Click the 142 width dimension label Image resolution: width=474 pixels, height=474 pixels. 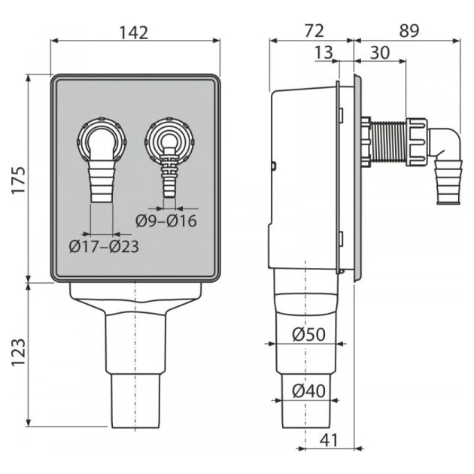[135, 32]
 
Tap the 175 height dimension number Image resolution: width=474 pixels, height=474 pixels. [18, 179]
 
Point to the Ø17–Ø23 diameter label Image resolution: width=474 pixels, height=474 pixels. [105, 245]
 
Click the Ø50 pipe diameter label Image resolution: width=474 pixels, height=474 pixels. [308, 334]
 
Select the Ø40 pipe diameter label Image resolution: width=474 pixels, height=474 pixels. [308, 390]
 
